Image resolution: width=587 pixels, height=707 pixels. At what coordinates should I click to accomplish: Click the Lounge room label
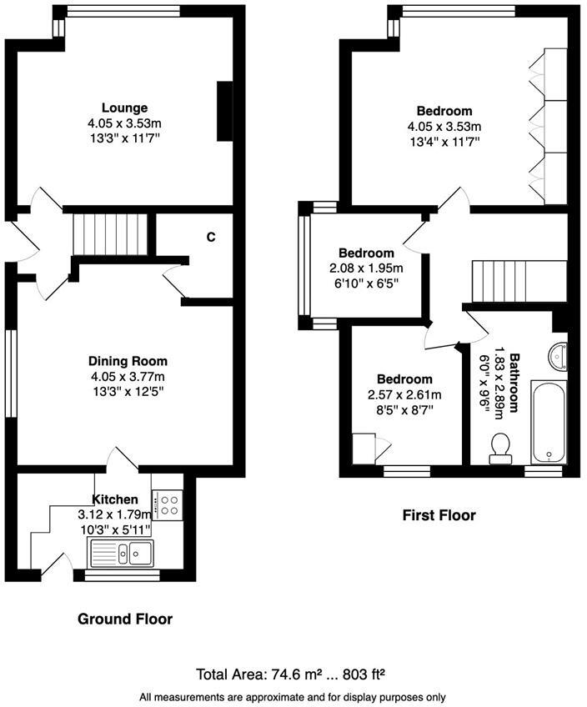click(x=124, y=108)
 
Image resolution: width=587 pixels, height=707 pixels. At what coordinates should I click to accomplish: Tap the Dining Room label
click(x=128, y=361)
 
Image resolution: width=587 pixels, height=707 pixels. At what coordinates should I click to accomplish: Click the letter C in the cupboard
click(x=211, y=237)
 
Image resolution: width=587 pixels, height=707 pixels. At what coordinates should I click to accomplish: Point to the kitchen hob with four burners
click(x=169, y=504)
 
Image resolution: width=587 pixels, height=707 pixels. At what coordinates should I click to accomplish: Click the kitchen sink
click(x=121, y=551)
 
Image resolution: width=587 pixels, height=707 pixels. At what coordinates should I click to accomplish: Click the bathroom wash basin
click(x=557, y=356)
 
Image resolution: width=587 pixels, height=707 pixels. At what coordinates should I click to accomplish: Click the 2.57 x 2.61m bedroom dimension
click(x=404, y=394)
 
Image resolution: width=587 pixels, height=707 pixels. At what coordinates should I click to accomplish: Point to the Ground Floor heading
click(x=125, y=619)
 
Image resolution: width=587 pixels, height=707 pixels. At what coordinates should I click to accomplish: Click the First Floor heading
click(x=439, y=515)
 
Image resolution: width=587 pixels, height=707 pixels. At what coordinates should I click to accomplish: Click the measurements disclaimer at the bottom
click(x=293, y=697)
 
